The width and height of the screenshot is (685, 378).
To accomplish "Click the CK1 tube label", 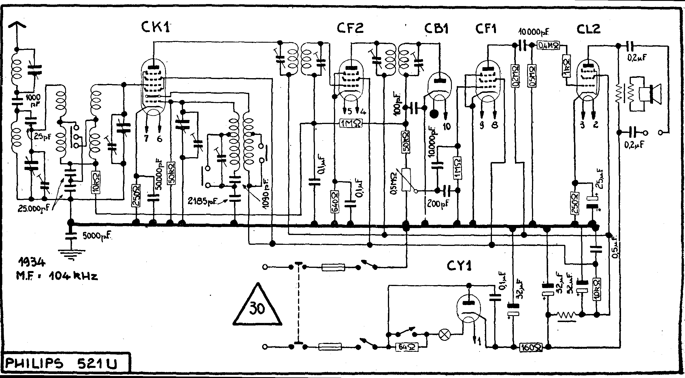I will (x=155, y=28).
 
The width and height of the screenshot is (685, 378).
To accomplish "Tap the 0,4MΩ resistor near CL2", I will (x=549, y=45).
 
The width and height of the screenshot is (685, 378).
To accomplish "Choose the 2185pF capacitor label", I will (x=202, y=201).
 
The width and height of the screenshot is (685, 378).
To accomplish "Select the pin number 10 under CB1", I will (x=447, y=126).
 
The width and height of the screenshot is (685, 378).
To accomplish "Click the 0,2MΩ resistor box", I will (x=516, y=76).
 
